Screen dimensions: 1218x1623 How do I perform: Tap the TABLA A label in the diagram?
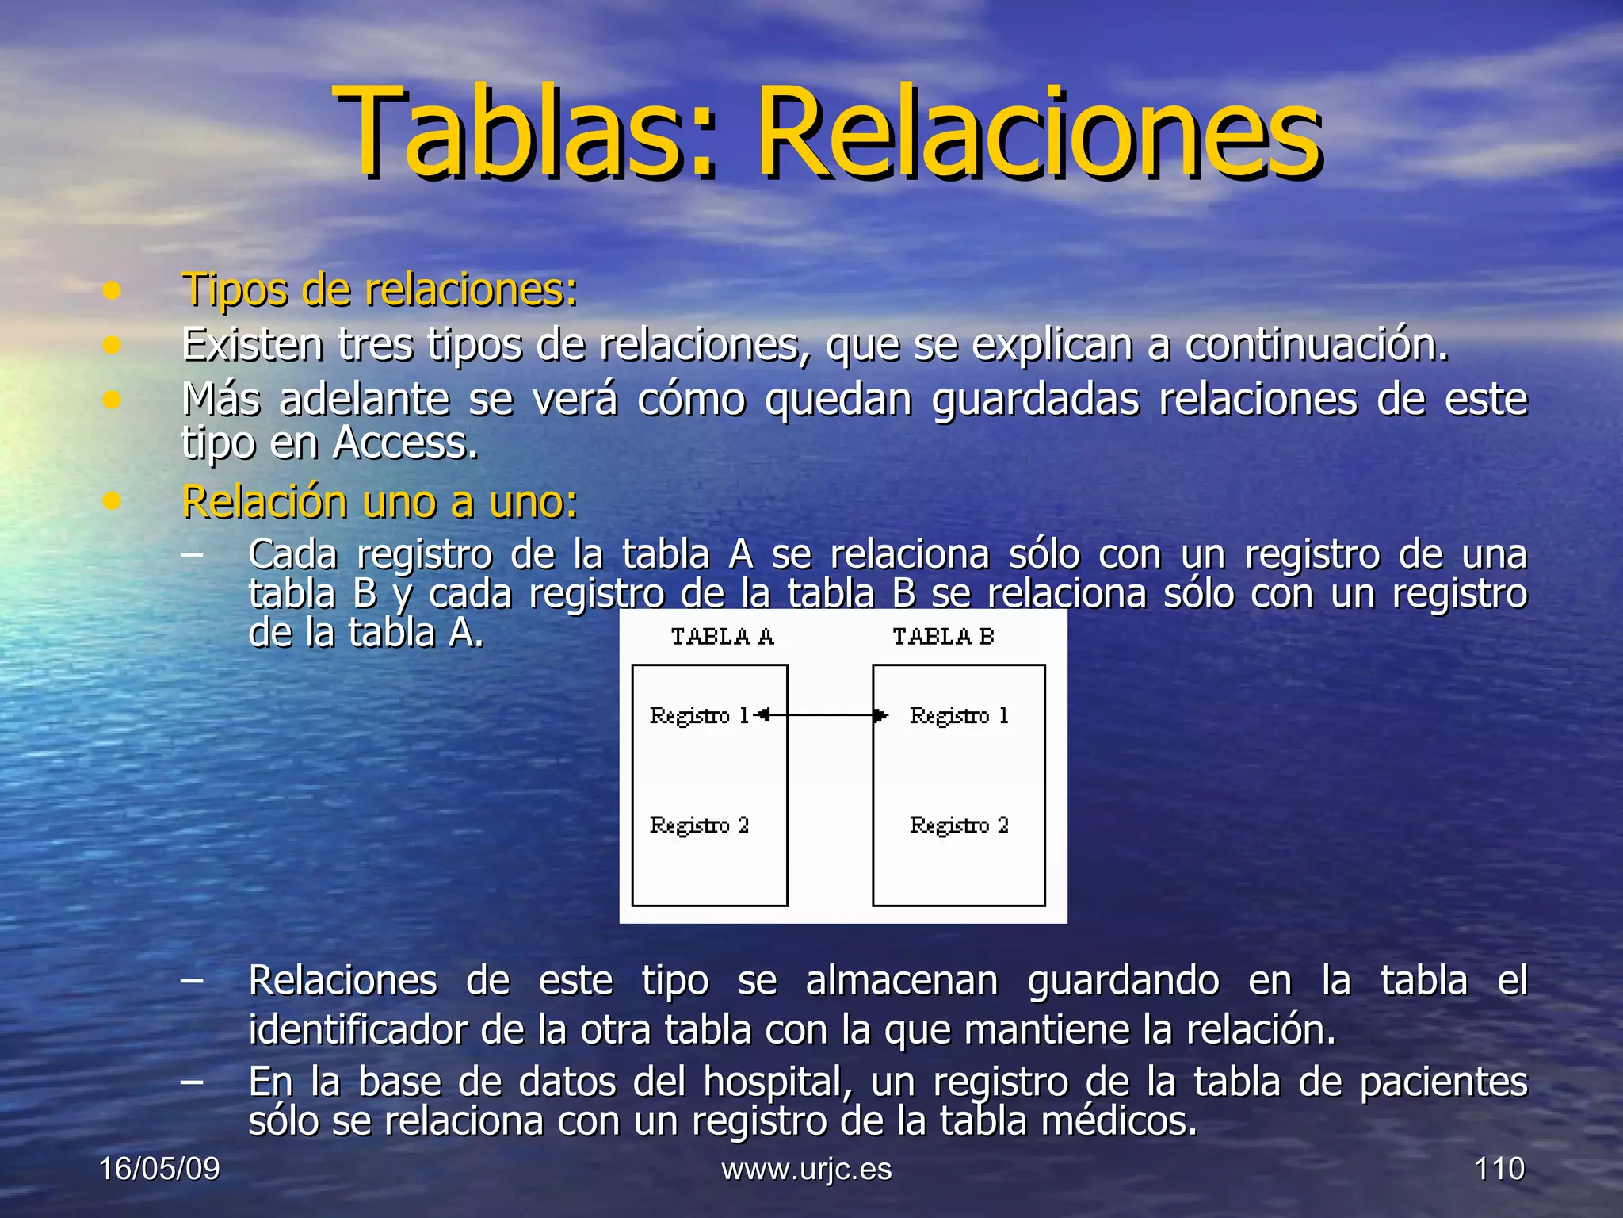click(722, 637)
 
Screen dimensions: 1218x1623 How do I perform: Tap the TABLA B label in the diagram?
click(943, 637)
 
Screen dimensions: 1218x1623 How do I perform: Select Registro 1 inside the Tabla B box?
click(959, 716)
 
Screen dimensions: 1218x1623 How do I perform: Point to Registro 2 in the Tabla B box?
click(959, 825)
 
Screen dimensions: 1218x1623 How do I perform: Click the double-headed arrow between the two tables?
click(821, 715)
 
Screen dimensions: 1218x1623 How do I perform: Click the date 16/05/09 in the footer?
click(159, 1169)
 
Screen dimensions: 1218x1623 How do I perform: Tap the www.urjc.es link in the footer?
click(807, 1169)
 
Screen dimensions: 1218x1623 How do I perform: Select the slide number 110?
click(1499, 1169)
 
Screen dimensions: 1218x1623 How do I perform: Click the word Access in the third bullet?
click(405, 442)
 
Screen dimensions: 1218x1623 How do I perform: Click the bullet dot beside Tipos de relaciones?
click(112, 290)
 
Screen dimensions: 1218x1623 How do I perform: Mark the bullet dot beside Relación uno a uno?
click(112, 501)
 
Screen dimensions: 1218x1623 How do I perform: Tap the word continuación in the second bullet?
click(1316, 345)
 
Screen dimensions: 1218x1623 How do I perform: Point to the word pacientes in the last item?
click(1443, 1082)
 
